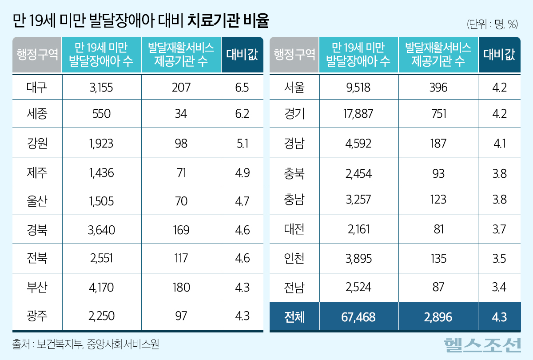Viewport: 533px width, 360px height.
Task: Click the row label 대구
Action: click(x=37, y=87)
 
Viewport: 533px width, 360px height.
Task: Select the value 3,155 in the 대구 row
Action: click(x=101, y=87)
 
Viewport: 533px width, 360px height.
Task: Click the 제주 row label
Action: click(x=37, y=172)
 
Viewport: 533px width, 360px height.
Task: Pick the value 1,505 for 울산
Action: click(x=101, y=201)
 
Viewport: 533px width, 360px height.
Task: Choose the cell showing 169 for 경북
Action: click(x=181, y=230)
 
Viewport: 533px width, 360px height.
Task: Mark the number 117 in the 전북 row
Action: click(x=181, y=259)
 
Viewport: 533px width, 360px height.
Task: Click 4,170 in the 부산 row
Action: click(x=101, y=287)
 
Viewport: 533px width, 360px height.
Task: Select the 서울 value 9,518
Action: click(x=359, y=87)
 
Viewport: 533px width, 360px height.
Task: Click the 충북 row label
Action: click(x=294, y=172)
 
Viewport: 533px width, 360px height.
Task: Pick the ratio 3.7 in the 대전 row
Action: click(x=500, y=230)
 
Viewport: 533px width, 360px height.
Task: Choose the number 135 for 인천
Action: click(x=438, y=259)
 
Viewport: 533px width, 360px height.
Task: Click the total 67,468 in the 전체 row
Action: click(x=359, y=317)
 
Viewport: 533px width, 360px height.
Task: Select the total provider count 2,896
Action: click(x=438, y=317)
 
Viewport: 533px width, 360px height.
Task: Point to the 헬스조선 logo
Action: click(x=482, y=344)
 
